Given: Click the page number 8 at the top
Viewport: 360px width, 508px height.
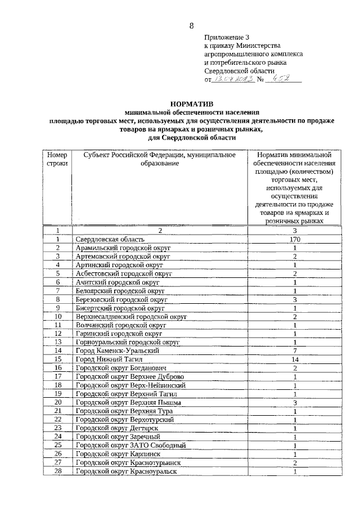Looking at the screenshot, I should pyautogui.click(x=191, y=26).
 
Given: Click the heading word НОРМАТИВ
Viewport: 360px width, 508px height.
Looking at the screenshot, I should pyautogui.click(x=191, y=103).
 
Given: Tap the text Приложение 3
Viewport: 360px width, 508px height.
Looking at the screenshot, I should pyautogui.click(x=223, y=37).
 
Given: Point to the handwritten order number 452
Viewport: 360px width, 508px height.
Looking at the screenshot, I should pyautogui.click(x=280, y=80).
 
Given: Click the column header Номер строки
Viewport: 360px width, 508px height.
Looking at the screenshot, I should pyautogui.click(x=57, y=159).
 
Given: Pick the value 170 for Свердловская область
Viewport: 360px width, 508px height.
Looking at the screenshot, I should pyautogui.click(x=294, y=240).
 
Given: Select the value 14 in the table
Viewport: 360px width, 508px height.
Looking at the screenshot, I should pyautogui.click(x=294, y=359).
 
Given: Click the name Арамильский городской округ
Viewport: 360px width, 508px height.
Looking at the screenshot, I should pyautogui.click(x=123, y=248).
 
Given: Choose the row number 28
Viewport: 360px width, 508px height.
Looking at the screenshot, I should pyautogui.click(x=57, y=471).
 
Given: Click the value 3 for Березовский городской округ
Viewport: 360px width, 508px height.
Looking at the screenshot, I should pyautogui.click(x=294, y=299).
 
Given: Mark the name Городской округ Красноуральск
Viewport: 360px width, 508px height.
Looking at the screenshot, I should pyautogui.click(x=127, y=471).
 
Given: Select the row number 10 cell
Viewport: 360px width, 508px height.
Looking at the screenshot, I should pyautogui.click(x=57, y=316).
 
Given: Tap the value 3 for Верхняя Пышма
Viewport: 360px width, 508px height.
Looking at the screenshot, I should pyautogui.click(x=294, y=402).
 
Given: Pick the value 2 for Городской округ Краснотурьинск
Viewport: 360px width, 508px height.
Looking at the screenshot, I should pyautogui.click(x=294, y=462).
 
